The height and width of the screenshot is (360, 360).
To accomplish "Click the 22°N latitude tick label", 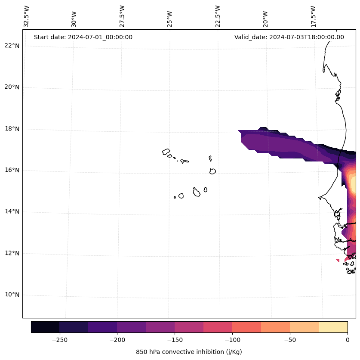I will (12, 46).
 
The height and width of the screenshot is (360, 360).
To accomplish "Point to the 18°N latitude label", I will (12, 129).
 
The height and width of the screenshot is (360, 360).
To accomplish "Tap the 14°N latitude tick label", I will (12, 211).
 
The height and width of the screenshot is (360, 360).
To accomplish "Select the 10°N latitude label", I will (12, 295).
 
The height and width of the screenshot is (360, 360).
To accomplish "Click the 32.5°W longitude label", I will (27, 17).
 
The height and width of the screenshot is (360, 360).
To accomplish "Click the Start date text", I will (83, 37).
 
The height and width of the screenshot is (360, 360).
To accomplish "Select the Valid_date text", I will (289, 37).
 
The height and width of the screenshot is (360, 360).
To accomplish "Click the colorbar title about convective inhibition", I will (189, 352).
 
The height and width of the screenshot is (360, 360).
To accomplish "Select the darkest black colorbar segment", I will (45, 327).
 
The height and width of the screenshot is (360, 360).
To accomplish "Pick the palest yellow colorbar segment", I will (333, 327).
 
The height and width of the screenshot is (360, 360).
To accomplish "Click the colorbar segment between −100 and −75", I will (246, 327).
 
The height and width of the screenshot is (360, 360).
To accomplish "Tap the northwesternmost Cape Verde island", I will (166, 152).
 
